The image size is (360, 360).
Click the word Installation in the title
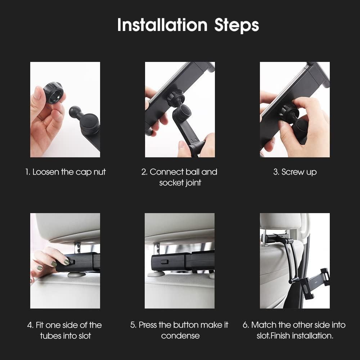click(x=162, y=25)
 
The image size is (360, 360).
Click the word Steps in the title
click(x=237, y=26)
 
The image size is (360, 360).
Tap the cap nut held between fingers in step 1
click(x=53, y=93)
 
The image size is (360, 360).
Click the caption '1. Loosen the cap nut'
click(x=66, y=172)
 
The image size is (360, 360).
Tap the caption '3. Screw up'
click(x=295, y=172)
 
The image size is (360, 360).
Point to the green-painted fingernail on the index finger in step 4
click(x=67, y=262)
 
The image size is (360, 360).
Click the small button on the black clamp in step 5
click(x=165, y=262)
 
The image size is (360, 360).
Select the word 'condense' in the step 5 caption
click(x=180, y=336)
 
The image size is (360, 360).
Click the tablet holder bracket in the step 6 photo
click(x=315, y=282)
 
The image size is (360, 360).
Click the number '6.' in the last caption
click(x=246, y=325)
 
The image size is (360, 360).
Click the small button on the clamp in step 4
click(x=71, y=262)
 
